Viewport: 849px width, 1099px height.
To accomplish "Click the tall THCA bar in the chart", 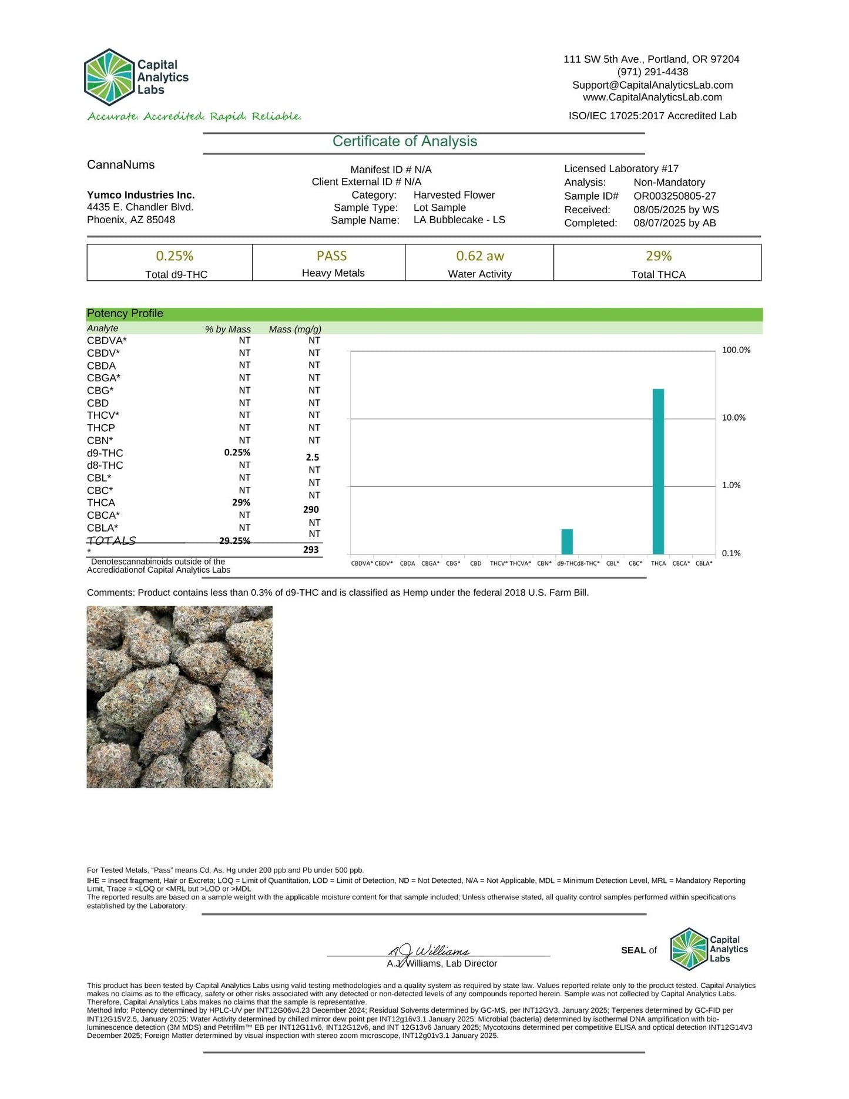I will [x=658, y=471].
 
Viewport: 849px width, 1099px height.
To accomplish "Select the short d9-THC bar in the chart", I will [x=567, y=542].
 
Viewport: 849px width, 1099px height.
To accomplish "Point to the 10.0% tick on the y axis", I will [x=733, y=418].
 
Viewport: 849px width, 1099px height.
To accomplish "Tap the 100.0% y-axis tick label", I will [x=736, y=350].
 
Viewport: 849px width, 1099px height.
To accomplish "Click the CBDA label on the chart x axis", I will [x=407, y=563].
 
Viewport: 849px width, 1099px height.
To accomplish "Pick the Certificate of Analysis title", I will [x=405, y=142].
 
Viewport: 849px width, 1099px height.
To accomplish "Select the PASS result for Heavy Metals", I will [x=331, y=256].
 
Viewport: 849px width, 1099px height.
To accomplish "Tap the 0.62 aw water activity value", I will [x=480, y=256].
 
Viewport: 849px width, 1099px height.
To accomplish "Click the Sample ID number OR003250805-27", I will [x=674, y=196].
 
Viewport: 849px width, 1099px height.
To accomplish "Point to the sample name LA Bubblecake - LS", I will [x=459, y=220].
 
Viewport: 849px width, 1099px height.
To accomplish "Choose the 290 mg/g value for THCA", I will [x=311, y=510].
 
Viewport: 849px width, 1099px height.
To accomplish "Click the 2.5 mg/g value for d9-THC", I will [x=313, y=458].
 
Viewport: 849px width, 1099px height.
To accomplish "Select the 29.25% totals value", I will [x=234, y=541].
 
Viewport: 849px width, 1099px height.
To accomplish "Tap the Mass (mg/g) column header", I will [x=295, y=330].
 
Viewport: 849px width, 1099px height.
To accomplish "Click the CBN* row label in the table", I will [x=100, y=441].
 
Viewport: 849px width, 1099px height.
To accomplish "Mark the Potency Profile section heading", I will [x=125, y=314].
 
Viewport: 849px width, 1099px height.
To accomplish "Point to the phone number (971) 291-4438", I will [x=652, y=72].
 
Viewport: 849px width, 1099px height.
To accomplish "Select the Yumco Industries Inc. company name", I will [x=141, y=195].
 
